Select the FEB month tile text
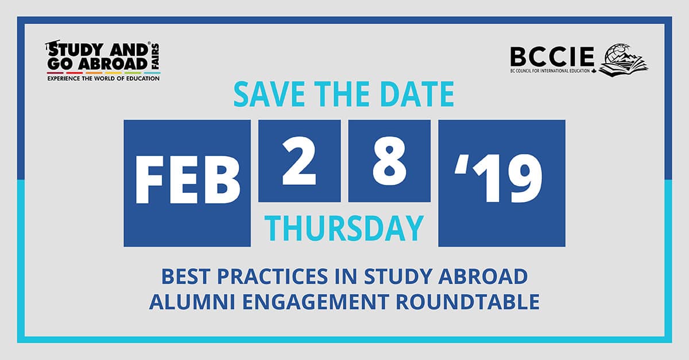pos(187,179)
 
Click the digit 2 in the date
pos(299,161)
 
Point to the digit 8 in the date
pos(389,161)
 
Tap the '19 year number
pos(498,179)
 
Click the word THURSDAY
pos(344,228)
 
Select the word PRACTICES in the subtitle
pos(272,276)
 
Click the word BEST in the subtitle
pos(185,276)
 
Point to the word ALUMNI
pos(192,302)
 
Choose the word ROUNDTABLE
pos(467,302)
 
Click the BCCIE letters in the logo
pos(552,57)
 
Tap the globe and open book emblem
pos(623,59)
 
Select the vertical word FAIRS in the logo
pos(156,56)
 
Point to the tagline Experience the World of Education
pos(103,79)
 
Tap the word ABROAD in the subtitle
pos(483,276)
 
